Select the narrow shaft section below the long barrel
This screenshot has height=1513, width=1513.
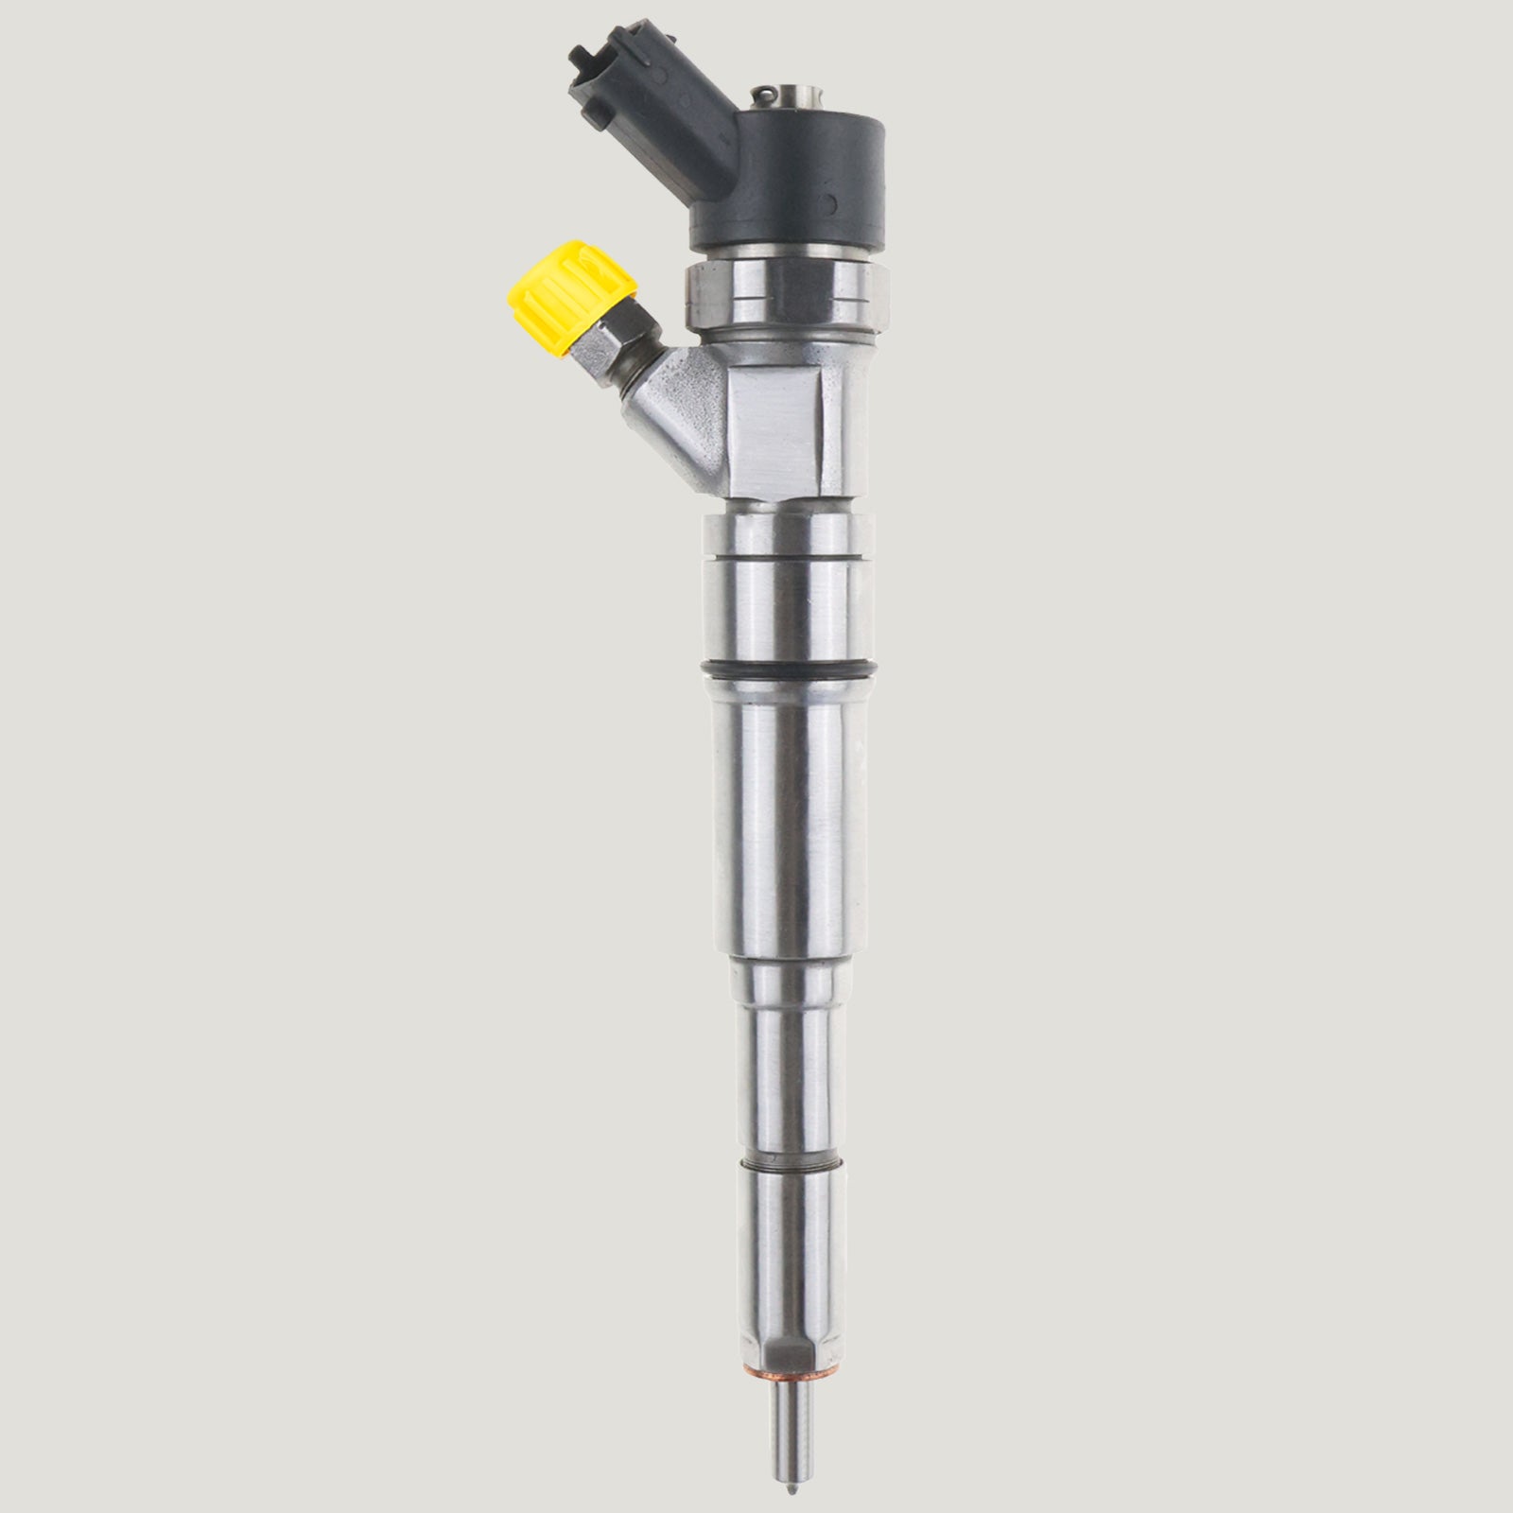pyautogui.click(x=788, y=1050)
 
